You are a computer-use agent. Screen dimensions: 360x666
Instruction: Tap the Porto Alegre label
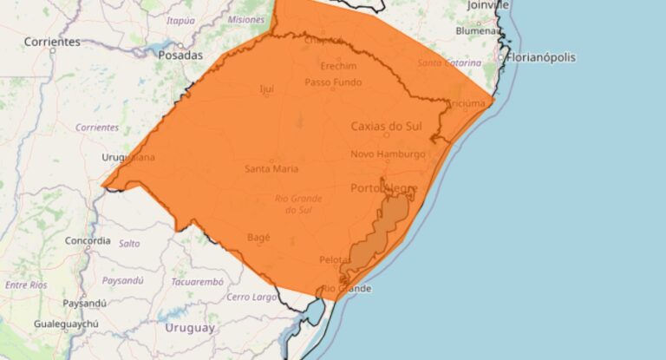(x=384, y=188)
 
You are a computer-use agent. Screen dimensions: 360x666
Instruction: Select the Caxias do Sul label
(x=386, y=126)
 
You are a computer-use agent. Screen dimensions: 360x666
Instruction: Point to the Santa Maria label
(x=271, y=168)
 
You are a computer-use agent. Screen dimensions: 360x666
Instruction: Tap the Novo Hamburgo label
(x=388, y=154)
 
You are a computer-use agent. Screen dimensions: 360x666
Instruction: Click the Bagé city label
(x=258, y=237)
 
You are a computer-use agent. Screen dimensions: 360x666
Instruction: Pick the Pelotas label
(x=336, y=260)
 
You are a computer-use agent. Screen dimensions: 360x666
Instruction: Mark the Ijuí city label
(x=266, y=88)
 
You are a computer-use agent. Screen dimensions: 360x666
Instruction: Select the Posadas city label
(x=180, y=55)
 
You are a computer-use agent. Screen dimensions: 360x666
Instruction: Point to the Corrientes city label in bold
(x=52, y=42)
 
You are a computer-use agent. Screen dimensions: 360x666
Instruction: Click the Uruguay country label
(x=189, y=328)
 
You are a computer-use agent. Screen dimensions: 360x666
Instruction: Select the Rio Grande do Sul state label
(x=297, y=204)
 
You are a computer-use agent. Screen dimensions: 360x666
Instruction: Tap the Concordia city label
(x=88, y=240)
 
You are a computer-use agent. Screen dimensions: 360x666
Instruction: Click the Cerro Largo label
(x=251, y=297)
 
